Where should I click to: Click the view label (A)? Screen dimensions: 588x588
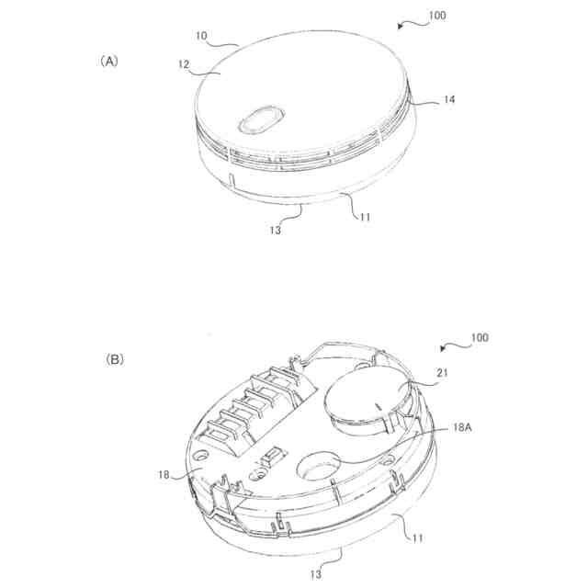pyautogui.click(x=109, y=62)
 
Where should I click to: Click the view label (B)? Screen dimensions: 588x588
pyautogui.click(x=114, y=360)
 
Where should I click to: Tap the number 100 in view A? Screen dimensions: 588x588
pyautogui.click(x=437, y=16)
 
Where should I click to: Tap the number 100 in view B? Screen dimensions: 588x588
pyautogui.click(x=480, y=337)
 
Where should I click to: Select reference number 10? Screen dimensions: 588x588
pyautogui.click(x=201, y=36)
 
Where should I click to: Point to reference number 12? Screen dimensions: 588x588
pyautogui.click(x=184, y=64)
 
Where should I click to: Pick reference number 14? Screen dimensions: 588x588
pyautogui.click(x=449, y=99)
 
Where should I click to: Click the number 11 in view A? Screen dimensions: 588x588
pyautogui.click(x=365, y=217)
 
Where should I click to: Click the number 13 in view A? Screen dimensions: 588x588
pyautogui.click(x=276, y=231)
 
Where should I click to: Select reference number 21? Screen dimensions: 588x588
pyautogui.click(x=443, y=373)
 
